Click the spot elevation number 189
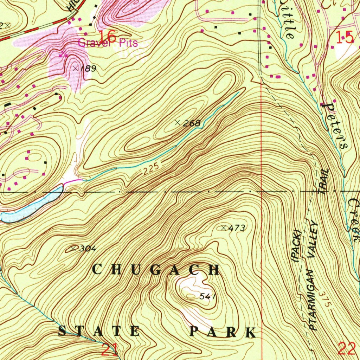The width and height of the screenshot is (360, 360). tap(88, 69)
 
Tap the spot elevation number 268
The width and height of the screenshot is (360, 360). tap(193, 123)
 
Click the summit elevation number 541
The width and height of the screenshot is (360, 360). tap(207, 297)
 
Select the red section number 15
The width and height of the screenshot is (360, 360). tap(344, 37)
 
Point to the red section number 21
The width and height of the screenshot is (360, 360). tap(110, 349)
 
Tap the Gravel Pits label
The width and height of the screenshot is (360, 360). tap(108, 43)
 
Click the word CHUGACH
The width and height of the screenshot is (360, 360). tap(156, 270)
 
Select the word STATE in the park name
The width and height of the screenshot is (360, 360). tap(99, 331)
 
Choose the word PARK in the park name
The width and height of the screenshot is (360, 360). tap(223, 332)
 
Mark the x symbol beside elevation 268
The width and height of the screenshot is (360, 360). tap(178, 123)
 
